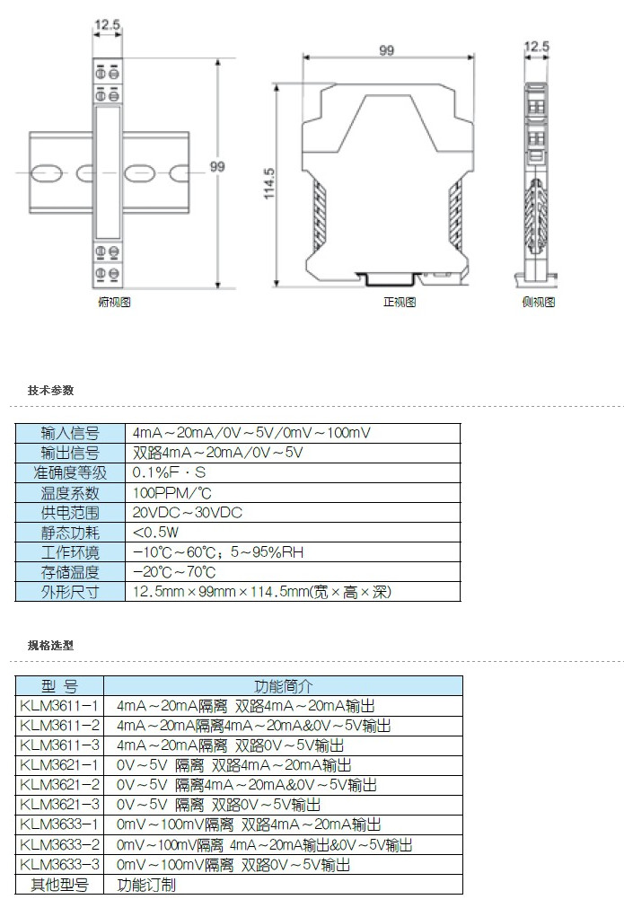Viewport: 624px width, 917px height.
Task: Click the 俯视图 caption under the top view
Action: (x=114, y=303)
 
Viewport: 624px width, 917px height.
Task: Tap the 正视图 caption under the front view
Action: (x=400, y=303)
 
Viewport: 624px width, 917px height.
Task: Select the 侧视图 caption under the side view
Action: (x=538, y=303)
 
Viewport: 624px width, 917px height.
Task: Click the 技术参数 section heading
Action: (x=50, y=391)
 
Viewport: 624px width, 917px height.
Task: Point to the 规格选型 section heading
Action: (x=50, y=645)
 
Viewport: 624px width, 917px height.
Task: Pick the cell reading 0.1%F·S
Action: (x=170, y=472)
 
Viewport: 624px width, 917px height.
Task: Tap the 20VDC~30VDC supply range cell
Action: (x=188, y=513)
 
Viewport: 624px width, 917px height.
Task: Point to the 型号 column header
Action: (x=59, y=686)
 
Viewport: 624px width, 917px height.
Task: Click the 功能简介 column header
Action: (x=283, y=686)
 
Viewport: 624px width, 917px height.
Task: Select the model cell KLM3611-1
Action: (x=59, y=706)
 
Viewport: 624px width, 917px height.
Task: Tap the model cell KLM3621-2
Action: (x=59, y=785)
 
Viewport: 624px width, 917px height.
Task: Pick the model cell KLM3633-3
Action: (x=59, y=865)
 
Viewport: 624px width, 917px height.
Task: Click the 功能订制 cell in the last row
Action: (x=147, y=885)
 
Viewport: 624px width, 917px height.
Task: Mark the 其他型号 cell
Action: (x=59, y=885)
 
